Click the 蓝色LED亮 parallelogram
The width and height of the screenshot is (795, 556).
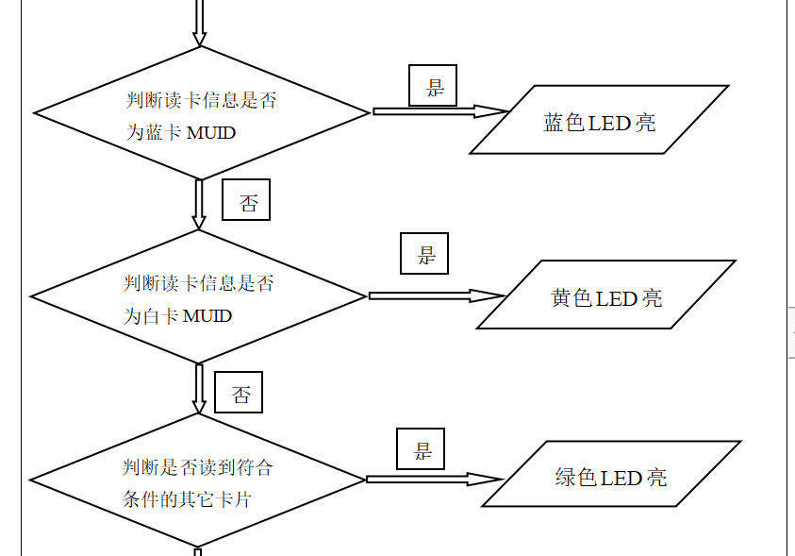click(599, 120)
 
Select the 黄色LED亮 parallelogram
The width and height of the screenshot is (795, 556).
click(605, 295)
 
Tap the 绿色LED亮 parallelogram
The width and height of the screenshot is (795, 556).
click(611, 475)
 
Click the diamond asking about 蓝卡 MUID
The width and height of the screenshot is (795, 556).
click(201, 113)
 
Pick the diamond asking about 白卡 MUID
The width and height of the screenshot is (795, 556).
click(198, 296)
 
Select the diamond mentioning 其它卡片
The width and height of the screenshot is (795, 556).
click(197, 480)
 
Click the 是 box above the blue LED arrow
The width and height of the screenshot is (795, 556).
click(433, 86)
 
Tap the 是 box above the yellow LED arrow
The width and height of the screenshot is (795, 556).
click(424, 254)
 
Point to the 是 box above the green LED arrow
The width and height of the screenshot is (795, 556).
click(421, 448)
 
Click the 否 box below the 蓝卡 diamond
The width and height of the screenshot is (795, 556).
click(246, 200)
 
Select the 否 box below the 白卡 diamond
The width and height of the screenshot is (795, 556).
click(239, 392)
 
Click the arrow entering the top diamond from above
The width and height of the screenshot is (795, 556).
click(199, 22)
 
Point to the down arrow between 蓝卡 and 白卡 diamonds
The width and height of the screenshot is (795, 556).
click(199, 204)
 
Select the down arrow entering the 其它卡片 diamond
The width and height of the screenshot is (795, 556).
click(198, 388)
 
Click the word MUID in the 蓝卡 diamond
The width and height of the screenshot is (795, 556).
click(211, 133)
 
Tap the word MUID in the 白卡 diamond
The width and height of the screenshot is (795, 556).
click(207, 315)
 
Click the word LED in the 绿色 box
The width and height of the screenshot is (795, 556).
click(621, 478)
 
